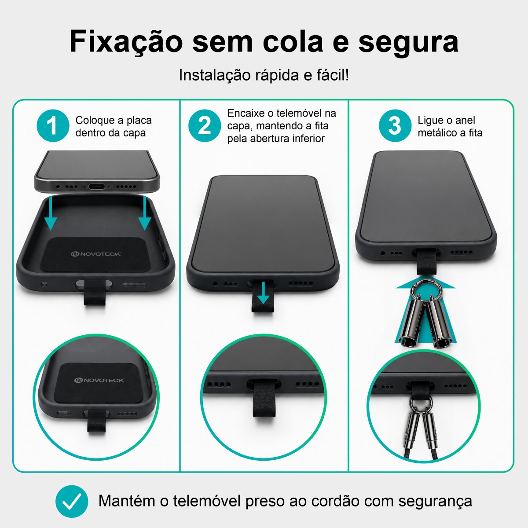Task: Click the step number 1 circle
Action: pos(53,126)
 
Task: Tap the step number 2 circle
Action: pos(205,126)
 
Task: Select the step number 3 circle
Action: pos(395,126)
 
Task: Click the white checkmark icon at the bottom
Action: pos(72,501)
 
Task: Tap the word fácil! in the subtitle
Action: pos(333,75)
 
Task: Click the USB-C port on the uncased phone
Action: pos(96,187)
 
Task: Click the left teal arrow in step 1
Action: pos(51,213)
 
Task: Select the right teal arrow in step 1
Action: pos(145,213)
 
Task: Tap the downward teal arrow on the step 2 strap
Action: pos(263,293)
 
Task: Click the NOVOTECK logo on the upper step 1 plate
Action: pos(95,254)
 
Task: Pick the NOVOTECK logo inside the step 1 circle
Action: pos(99,380)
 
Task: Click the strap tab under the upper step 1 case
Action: pos(95,293)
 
